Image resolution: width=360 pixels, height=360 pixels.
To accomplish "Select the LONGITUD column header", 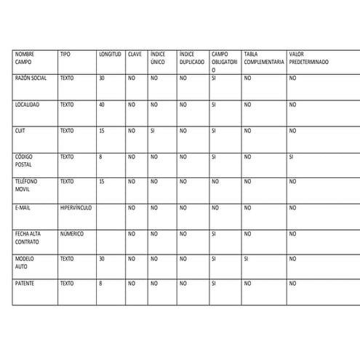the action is tap(110, 55).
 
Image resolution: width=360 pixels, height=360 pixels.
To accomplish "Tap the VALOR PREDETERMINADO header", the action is tap(308, 58).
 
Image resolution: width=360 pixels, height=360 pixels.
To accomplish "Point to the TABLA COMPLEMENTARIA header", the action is tap(263, 58).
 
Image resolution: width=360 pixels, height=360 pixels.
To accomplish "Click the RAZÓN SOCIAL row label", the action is tap(31, 77).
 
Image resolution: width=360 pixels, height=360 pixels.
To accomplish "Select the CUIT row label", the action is tap(20, 131).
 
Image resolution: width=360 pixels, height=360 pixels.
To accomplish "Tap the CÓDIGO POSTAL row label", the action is tap(24, 160).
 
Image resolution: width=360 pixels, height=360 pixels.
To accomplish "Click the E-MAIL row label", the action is tap(22, 208).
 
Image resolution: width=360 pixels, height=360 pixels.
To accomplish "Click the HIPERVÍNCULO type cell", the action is tap(76, 208).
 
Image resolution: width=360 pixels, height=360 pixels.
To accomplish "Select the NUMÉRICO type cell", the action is tap(73, 233).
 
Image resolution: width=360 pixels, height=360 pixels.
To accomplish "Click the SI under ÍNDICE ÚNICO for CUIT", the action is tap(153, 131).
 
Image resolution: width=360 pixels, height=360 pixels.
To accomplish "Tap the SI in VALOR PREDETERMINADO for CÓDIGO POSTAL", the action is tap(291, 156).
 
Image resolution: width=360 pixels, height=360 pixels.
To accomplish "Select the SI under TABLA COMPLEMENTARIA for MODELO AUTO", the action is tap(247, 258).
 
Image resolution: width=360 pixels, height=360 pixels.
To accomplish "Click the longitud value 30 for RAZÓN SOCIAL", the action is tap(102, 77).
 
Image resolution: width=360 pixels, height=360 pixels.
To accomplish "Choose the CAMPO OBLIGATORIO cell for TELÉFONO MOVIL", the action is tap(214, 182).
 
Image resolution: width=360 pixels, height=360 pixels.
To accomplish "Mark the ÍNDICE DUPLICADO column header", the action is tap(191, 58).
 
